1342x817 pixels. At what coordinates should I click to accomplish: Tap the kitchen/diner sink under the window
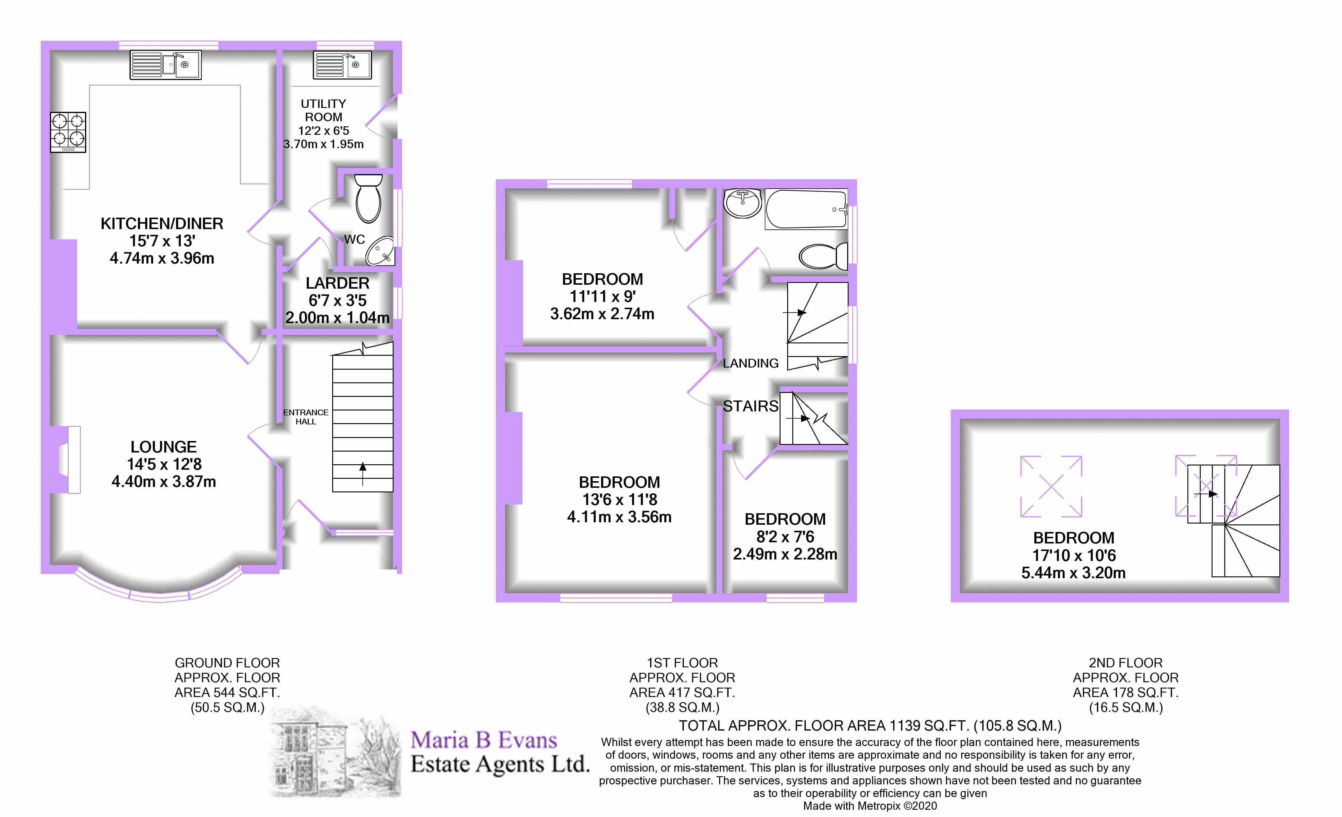click(165, 65)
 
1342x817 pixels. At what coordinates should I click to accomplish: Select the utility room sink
click(342, 65)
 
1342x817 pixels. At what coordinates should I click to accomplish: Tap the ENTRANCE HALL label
click(306, 417)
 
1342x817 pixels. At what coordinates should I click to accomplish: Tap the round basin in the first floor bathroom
click(742, 203)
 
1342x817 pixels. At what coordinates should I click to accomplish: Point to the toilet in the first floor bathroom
click(822, 256)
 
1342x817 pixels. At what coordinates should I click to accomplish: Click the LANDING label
click(751, 363)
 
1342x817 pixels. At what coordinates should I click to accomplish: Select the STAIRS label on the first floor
click(751, 406)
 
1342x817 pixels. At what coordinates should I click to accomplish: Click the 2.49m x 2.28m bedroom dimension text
click(785, 554)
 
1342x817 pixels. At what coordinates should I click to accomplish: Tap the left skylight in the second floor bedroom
click(1051, 486)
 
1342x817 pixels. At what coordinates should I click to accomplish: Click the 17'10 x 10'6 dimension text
click(1073, 555)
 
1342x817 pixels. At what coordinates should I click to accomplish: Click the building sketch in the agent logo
click(335, 752)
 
